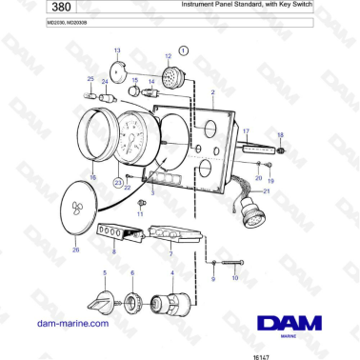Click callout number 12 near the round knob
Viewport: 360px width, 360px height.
coord(167,56)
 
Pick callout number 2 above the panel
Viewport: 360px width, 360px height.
coord(212,92)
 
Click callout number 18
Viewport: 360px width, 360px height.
coord(280,135)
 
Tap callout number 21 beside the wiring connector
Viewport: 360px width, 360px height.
coord(268,191)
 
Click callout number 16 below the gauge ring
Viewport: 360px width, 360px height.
coord(92,177)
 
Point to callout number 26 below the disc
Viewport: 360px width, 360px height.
coord(77,250)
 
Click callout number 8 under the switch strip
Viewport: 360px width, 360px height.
coord(114,252)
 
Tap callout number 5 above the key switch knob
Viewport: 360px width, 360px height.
coord(105,272)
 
